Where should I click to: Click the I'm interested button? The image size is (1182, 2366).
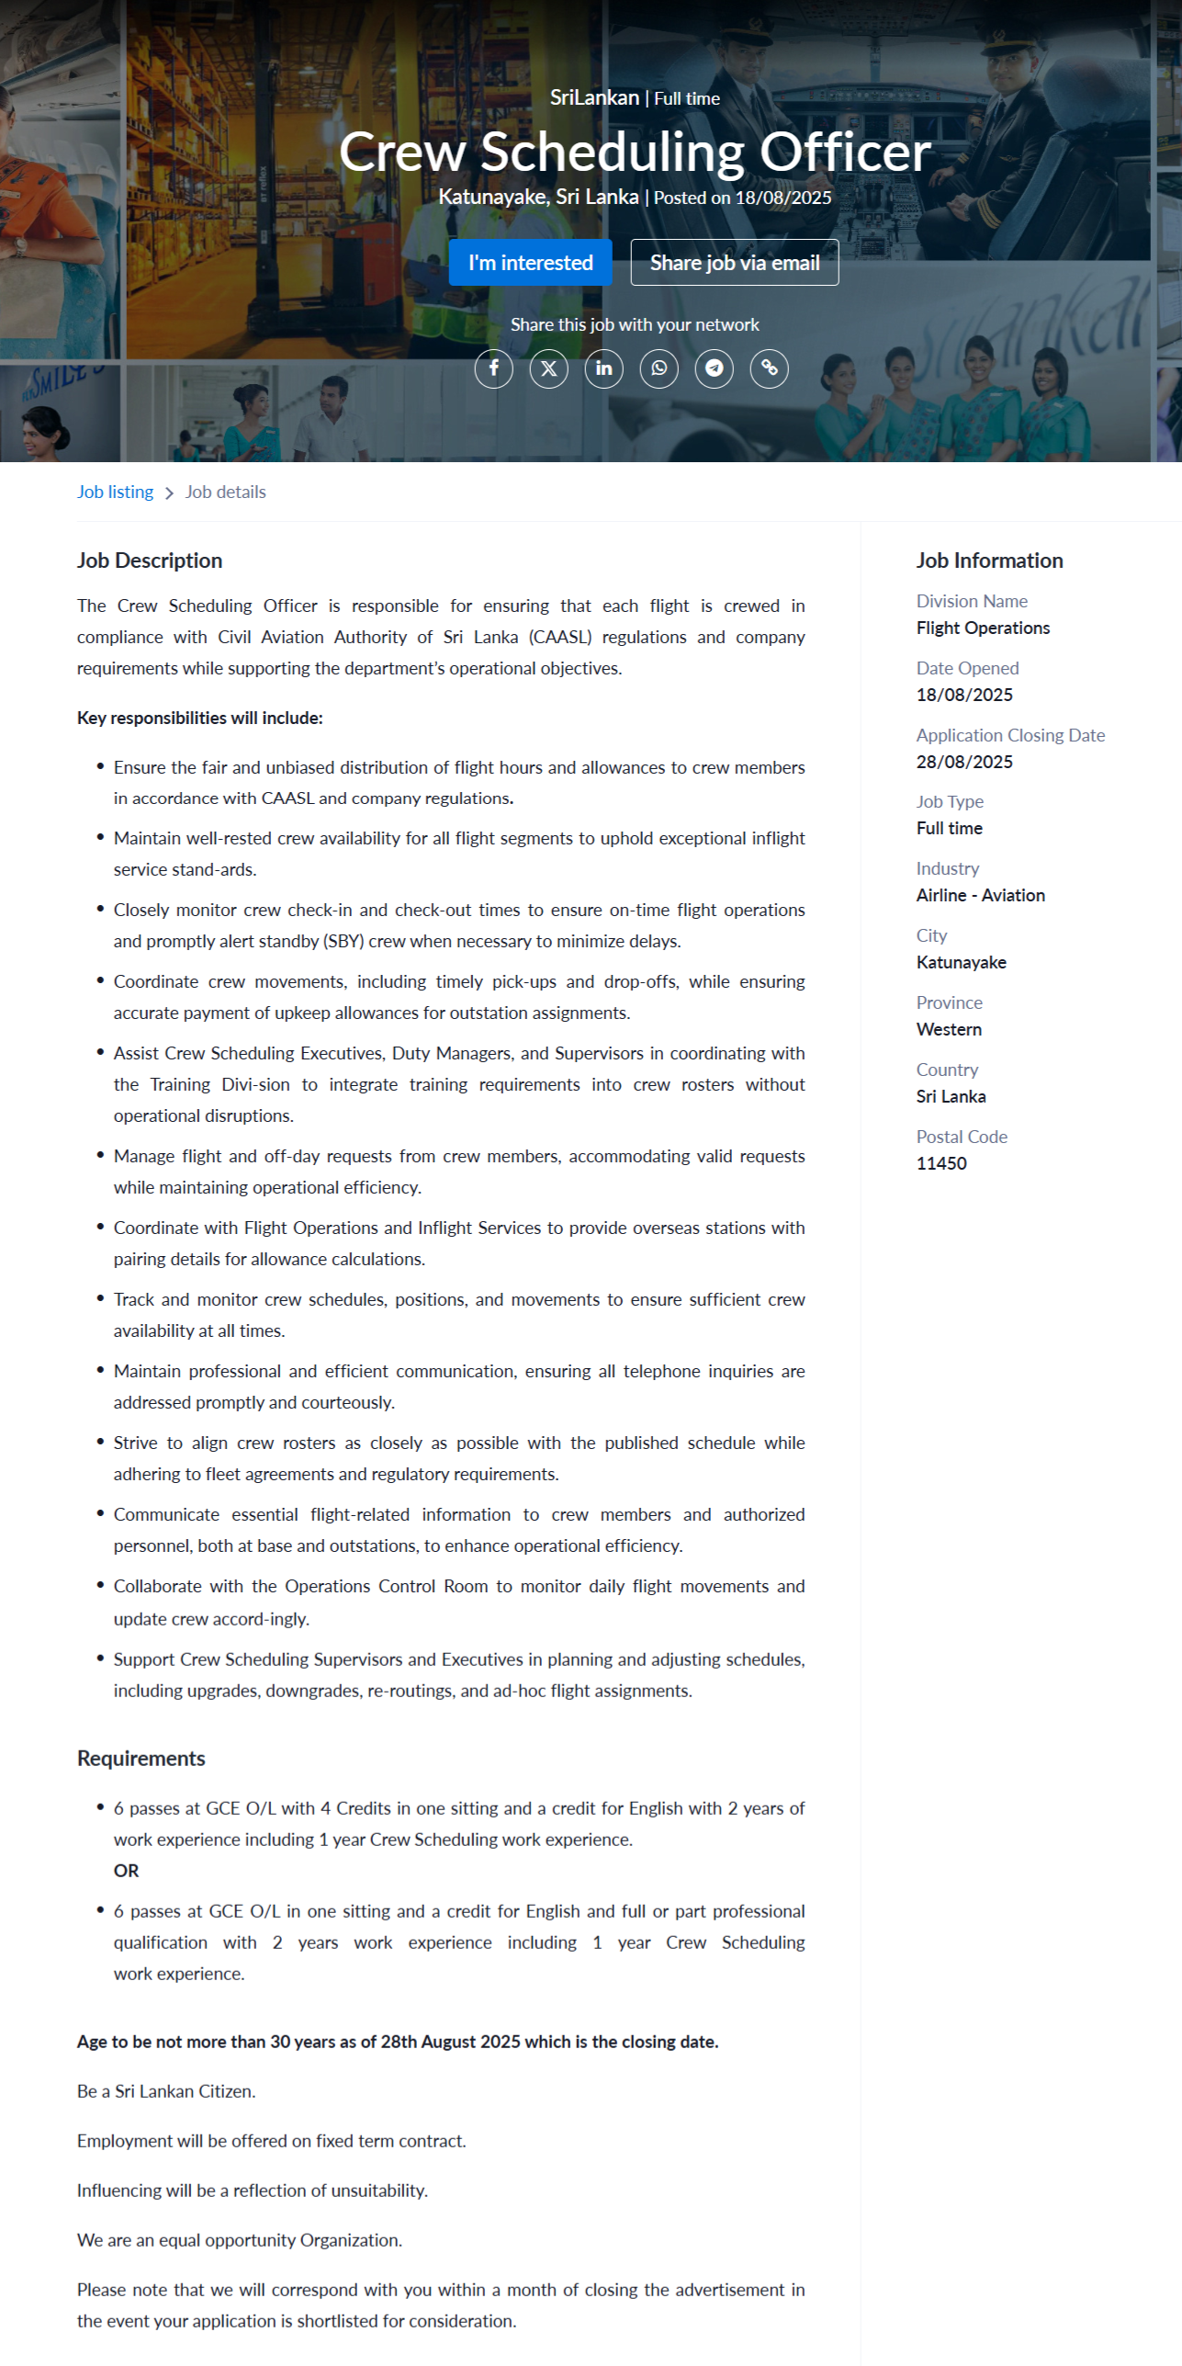[x=530, y=263]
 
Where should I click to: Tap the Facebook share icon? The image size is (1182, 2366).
[x=493, y=368]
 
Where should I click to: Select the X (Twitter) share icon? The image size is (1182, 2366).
[x=548, y=368]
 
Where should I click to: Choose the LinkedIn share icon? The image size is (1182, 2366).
[x=603, y=368]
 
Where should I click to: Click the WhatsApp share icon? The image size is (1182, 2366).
[x=659, y=368]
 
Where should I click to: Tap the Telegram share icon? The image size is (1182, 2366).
[x=714, y=368]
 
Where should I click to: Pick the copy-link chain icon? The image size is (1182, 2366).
[x=769, y=368]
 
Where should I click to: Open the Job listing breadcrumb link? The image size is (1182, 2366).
[x=115, y=492]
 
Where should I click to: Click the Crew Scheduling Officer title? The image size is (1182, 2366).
[x=635, y=152]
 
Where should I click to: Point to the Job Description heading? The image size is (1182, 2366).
[x=150, y=560]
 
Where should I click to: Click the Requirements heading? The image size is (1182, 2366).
[x=141, y=1758]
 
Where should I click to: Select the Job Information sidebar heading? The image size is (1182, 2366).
[x=989, y=560]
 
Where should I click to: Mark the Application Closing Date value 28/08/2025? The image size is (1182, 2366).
[x=964, y=762]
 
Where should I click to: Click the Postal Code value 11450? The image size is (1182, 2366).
[x=941, y=1163]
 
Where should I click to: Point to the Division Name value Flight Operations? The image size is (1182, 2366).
[x=983, y=628]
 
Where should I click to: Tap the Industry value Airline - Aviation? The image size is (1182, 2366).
[x=980, y=895]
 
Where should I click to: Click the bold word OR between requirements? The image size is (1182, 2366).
[x=126, y=1871]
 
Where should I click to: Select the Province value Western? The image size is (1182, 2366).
[x=949, y=1029]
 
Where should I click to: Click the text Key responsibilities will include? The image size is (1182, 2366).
[x=200, y=718]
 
